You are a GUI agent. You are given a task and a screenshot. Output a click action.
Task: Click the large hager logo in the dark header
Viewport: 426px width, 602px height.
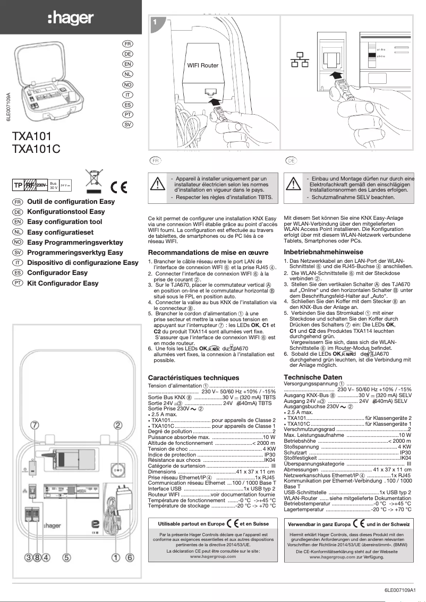pos(71,19)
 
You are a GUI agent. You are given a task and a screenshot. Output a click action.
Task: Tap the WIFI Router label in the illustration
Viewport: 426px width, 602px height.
pos(202,66)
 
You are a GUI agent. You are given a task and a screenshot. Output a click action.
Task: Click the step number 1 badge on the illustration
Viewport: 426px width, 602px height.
pos(155,22)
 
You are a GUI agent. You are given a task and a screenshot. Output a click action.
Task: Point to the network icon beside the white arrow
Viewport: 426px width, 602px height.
pos(297,61)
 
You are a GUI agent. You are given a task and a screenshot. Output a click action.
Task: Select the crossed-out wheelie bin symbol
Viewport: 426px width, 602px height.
pos(93,180)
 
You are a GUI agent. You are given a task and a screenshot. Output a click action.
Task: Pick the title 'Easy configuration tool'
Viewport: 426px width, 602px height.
pos(64,222)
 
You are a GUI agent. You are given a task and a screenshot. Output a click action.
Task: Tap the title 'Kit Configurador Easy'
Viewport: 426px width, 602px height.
pos(63,283)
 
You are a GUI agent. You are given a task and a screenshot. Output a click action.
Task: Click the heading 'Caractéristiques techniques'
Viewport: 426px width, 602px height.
pos(193,377)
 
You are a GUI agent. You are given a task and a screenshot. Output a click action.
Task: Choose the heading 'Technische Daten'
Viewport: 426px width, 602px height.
pos(313,377)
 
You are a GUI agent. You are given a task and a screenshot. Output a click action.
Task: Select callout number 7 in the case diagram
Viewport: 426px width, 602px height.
pos(35,425)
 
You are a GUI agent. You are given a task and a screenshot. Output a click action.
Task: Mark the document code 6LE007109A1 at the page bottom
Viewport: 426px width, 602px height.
pos(403,590)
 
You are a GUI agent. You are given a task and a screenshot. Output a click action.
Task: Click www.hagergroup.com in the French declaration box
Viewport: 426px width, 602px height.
pos(213,557)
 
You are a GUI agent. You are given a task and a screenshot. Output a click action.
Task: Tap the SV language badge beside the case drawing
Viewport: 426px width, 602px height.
pos(127,124)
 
